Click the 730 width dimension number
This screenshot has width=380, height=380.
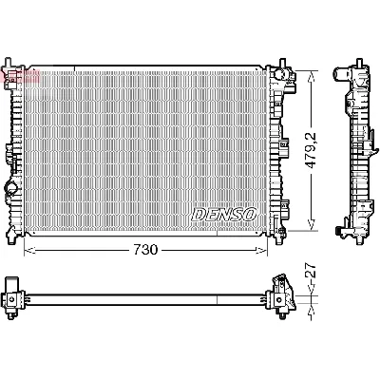(145, 249)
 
